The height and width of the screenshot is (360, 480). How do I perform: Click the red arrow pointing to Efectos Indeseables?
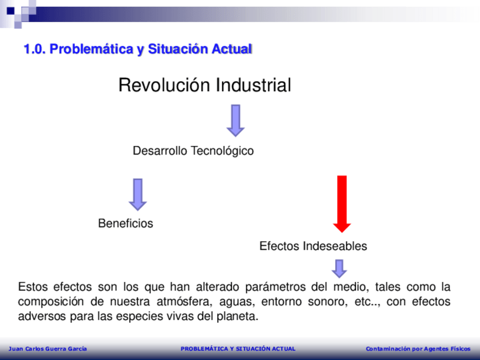(342, 204)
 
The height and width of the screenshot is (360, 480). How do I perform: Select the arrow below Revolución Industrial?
(235, 121)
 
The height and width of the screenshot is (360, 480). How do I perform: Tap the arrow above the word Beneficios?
(138, 195)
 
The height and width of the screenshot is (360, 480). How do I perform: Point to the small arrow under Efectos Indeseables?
(339, 268)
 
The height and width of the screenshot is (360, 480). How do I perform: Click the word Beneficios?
(126, 224)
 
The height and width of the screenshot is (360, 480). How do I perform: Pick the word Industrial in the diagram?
(254, 85)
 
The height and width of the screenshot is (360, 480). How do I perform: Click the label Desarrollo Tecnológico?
(193, 151)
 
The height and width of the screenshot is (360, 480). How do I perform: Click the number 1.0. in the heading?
(35, 49)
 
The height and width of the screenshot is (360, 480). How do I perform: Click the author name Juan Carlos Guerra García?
(48, 349)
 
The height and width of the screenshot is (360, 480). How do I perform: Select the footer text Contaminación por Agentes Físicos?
(418, 349)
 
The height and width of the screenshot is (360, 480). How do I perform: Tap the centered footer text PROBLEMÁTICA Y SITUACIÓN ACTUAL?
(238, 349)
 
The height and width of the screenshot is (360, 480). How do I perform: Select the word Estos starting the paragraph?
(33, 287)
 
